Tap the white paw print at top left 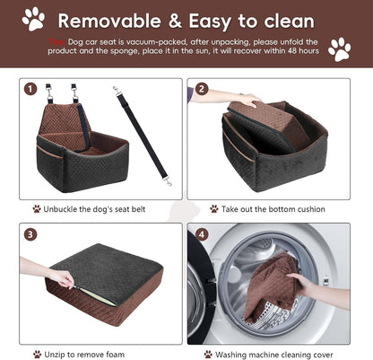click(x=33, y=18)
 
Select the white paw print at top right click(x=339, y=49)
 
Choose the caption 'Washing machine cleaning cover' click(x=277, y=354)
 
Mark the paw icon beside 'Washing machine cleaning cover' click(x=208, y=354)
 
